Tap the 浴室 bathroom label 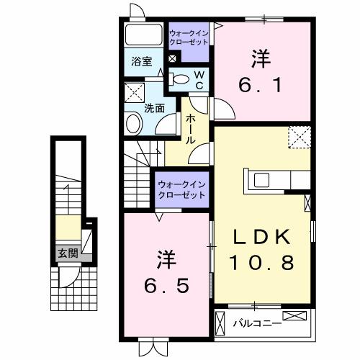tap(141, 62)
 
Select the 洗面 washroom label tap(153, 108)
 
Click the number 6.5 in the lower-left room tap(164, 287)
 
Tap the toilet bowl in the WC tap(181, 79)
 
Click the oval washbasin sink tap(135, 123)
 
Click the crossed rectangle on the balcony tap(294, 315)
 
